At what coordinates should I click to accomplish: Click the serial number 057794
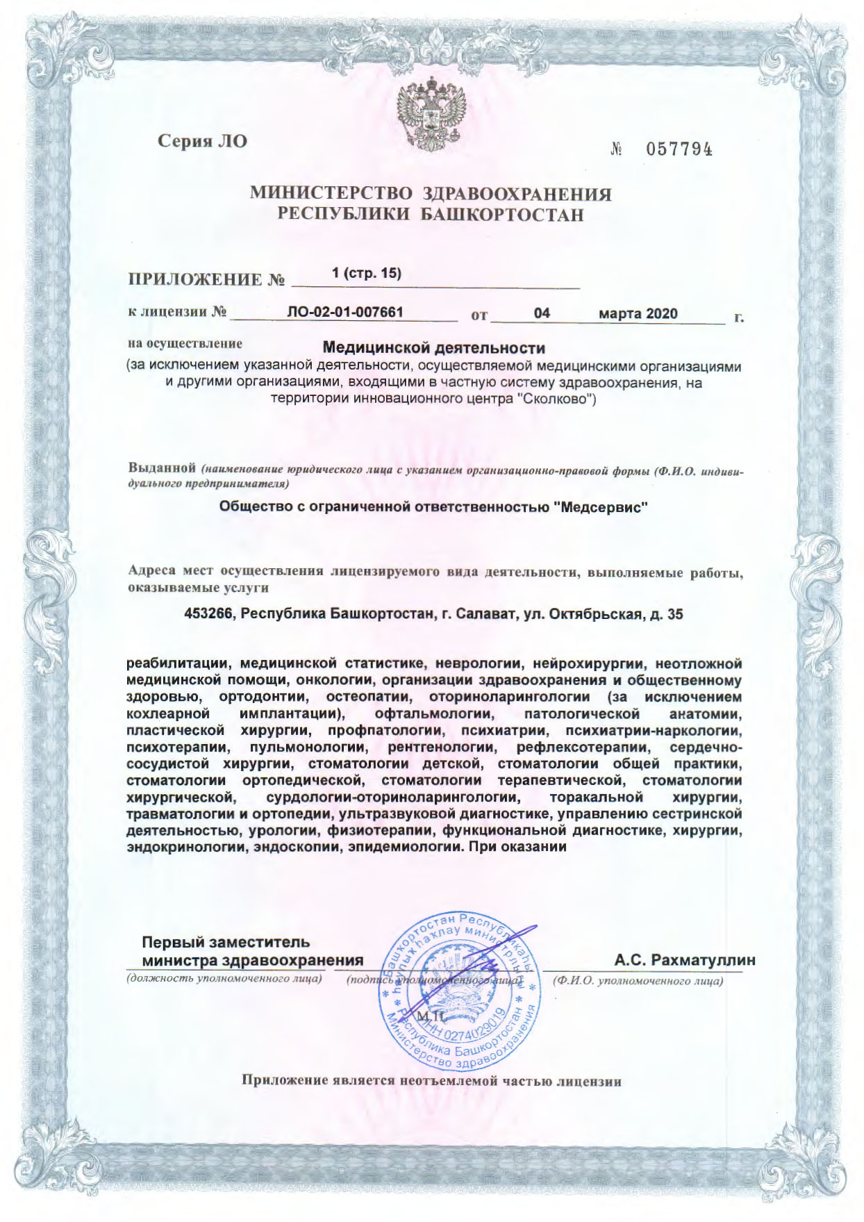[x=679, y=149]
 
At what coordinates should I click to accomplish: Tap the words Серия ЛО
[x=202, y=141]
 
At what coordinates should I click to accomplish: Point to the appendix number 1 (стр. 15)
[x=367, y=274]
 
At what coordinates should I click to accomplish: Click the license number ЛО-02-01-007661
[x=345, y=313]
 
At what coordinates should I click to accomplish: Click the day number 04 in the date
[x=542, y=313]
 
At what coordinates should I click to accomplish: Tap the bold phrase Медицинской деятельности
[x=434, y=347]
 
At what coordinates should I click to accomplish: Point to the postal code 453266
[x=208, y=615]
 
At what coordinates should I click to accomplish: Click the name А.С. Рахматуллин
[x=684, y=961]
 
